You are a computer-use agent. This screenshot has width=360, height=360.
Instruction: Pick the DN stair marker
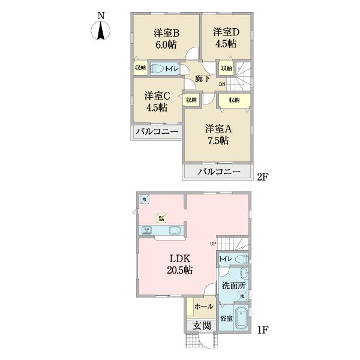click(x=222, y=84)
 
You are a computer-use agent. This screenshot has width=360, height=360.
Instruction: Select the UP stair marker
click(x=212, y=243)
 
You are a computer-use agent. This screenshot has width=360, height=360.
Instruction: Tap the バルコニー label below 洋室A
click(x=220, y=172)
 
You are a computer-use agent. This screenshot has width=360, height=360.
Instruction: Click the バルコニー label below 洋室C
click(x=156, y=131)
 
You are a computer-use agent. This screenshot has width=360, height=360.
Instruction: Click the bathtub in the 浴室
click(x=242, y=316)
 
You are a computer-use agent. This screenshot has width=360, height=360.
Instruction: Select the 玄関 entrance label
click(x=202, y=325)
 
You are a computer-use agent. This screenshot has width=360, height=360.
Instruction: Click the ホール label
click(x=204, y=307)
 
